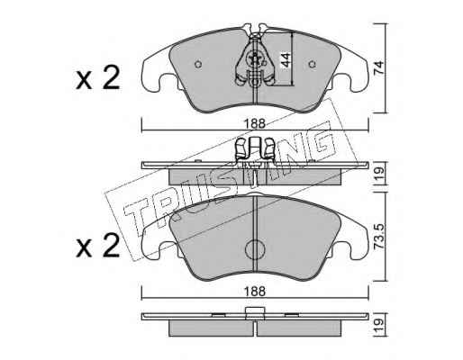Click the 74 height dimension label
[379, 68]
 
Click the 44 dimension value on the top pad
[286, 60]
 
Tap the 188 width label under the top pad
[255, 123]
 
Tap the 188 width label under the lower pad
[255, 291]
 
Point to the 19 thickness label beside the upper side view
[379, 173]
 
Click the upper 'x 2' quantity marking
[98, 78]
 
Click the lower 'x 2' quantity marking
[98, 246]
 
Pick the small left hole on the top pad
[198, 64]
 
